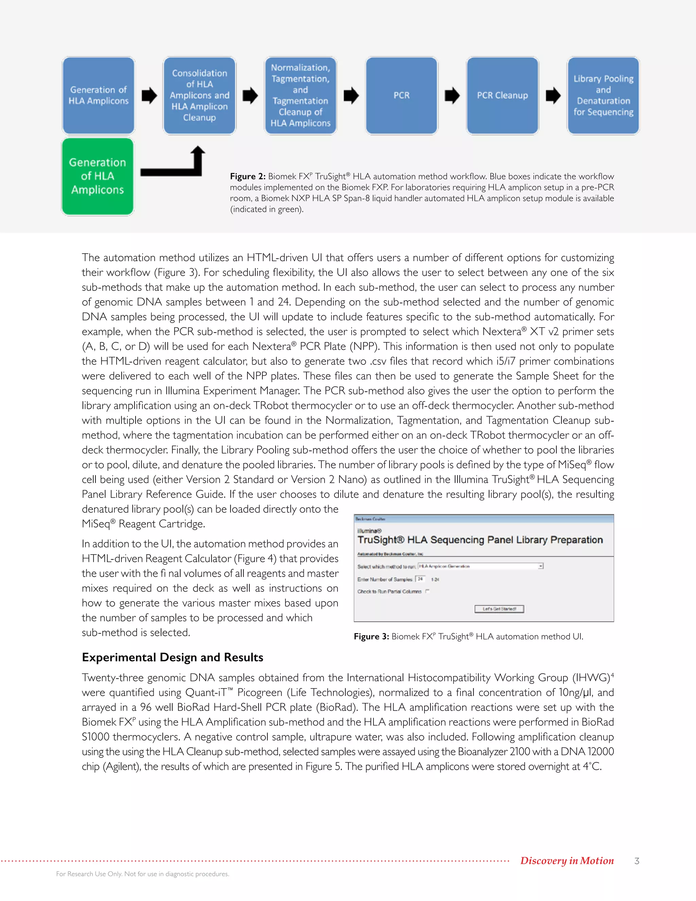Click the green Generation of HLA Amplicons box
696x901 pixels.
98,176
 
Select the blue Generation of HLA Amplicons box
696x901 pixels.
99,95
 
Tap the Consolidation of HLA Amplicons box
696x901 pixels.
199,95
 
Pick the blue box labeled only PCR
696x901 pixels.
401,95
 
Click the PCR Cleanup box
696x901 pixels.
502,95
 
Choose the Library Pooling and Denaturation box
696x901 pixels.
603,95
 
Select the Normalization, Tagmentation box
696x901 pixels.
300,95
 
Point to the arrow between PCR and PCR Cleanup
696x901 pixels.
452,95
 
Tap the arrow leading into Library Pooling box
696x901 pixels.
553,95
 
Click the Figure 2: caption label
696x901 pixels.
247,176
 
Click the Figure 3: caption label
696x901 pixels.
371,636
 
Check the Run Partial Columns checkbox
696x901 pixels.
428,591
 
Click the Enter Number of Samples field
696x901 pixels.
420,579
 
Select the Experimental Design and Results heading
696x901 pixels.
172,657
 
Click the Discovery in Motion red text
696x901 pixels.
567,861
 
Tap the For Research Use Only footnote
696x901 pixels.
142,874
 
